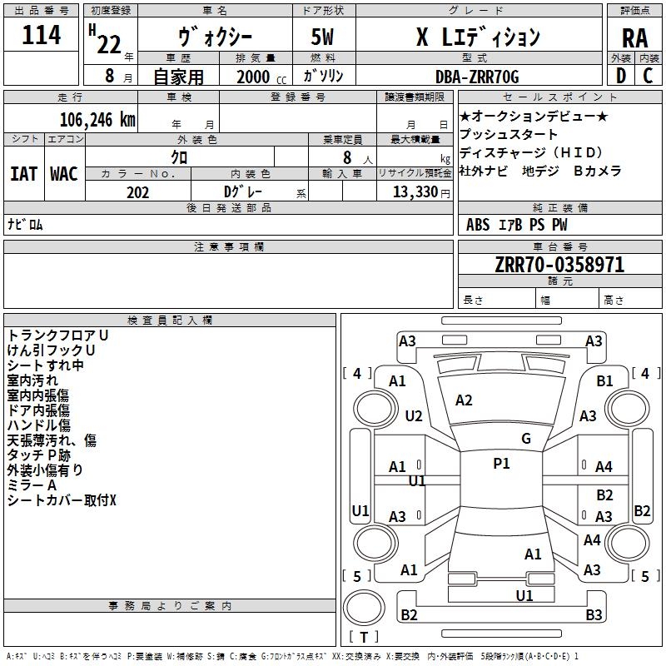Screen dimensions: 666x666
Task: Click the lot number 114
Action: pos(41,35)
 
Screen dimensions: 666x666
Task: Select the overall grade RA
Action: pos(634,38)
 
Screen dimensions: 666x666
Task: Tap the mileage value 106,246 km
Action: pos(97,120)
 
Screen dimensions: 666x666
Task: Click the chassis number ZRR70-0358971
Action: pos(559,265)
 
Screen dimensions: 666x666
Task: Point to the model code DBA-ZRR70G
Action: pos(477,77)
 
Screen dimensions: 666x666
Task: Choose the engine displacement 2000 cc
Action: pos(261,77)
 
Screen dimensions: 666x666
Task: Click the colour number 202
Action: pos(137,192)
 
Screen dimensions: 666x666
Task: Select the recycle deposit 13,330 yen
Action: pos(421,192)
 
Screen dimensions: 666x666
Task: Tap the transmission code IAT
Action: pos(23,174)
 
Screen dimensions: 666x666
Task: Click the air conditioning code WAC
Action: pos(64,174)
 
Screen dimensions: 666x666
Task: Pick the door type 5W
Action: pos(322,37)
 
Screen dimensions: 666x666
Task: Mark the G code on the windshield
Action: pos(526,439)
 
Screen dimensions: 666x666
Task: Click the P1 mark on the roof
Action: pos(501,464)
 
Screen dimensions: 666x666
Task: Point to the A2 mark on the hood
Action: pos(464,400)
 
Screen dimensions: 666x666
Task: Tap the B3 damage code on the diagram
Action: pos(594,614)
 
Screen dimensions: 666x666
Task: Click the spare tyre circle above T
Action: pos(364,608)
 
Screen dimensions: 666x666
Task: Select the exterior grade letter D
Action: pos(621,76)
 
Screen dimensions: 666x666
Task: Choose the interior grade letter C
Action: pos(648,76)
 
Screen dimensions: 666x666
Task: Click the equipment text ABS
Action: pos(478,225)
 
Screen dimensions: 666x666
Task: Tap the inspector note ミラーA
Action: pos(32,485)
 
